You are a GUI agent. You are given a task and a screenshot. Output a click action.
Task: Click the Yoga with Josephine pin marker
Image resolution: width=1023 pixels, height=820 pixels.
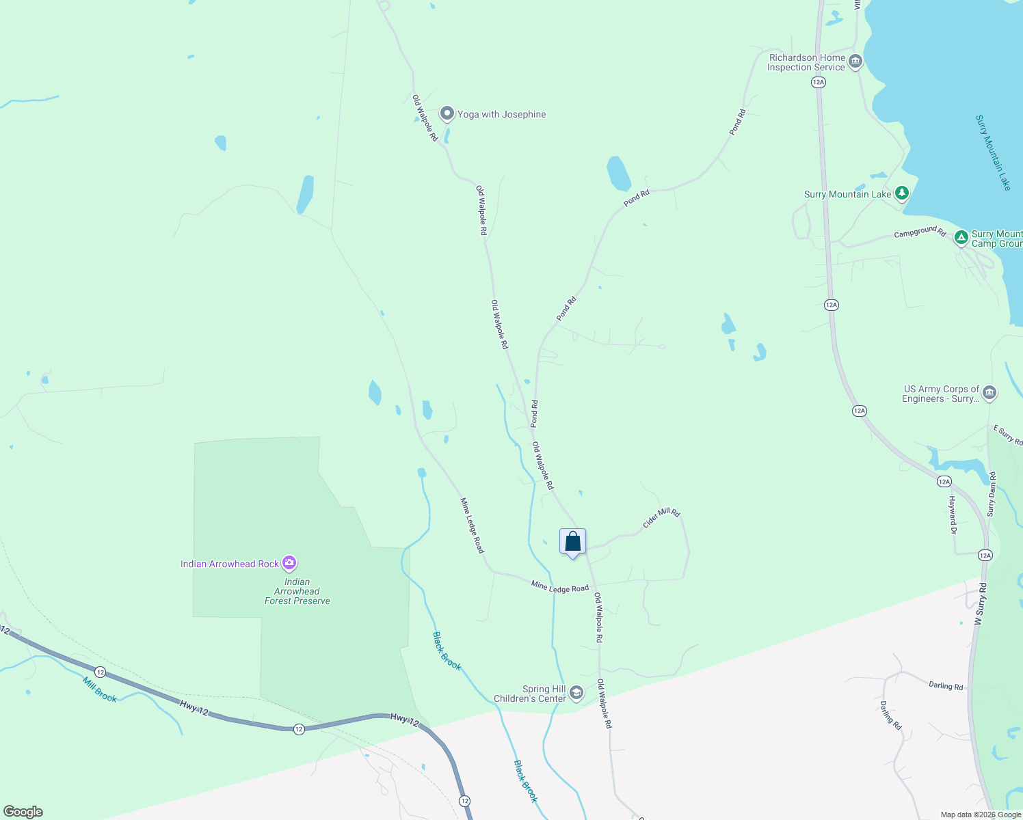(447, 113)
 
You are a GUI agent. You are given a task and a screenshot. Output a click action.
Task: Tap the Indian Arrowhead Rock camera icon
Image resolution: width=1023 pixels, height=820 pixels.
(289, 563)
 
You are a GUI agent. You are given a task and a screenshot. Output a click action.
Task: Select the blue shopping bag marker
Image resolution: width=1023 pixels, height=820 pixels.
(572, 543)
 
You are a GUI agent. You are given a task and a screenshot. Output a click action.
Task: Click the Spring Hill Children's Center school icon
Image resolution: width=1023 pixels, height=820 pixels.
(576, 694)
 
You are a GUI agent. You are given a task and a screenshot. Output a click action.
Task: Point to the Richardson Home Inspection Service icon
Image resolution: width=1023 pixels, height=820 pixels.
(855, 62)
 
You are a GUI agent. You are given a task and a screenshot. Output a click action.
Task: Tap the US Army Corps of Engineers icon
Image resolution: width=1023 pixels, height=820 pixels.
(989, 393)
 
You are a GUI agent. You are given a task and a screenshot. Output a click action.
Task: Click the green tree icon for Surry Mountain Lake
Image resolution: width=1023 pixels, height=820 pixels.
(902, 194)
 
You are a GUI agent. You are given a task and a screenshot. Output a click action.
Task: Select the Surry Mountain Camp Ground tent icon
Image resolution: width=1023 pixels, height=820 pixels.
(961, 238)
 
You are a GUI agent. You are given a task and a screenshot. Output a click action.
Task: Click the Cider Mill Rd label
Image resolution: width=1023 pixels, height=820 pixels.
(661, 518)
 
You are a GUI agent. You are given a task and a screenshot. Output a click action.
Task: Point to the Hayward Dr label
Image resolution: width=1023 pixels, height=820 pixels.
(952, 515)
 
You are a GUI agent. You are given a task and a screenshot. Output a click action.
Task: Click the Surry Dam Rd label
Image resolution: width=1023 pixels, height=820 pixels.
(992, 494)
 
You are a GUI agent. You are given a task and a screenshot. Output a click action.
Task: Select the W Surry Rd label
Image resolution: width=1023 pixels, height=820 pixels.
(980, 605)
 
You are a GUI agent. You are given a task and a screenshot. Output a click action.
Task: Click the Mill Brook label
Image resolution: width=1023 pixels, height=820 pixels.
(100, 689)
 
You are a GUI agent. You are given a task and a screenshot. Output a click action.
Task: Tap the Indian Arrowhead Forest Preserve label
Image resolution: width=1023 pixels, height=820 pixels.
(297, 592)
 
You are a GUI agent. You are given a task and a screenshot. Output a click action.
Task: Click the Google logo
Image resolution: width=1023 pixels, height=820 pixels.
(23, 812)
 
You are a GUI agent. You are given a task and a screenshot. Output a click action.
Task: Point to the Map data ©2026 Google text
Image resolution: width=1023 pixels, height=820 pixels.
(981, 815)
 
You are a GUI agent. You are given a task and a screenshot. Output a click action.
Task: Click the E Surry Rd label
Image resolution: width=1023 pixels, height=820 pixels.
(1008, 435)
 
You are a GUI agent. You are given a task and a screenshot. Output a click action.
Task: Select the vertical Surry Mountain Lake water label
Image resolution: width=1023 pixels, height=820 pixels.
(993, 152)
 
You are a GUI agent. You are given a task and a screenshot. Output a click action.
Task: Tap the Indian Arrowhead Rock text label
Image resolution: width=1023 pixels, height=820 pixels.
(230, 564)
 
